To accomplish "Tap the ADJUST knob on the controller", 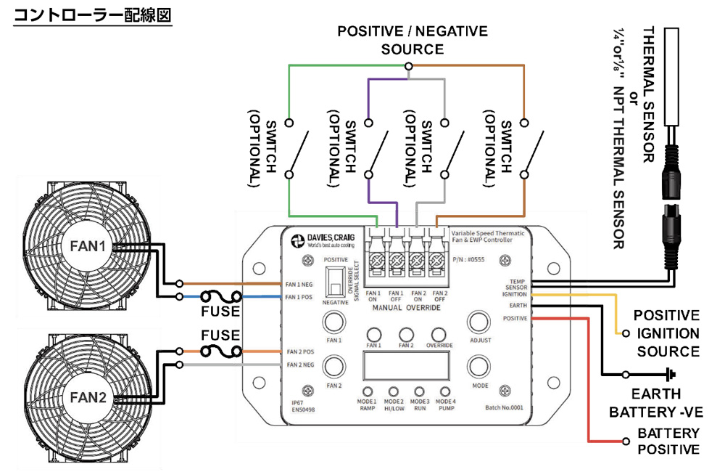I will (x=478, y=322).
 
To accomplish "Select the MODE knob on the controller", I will (x=478, y=367).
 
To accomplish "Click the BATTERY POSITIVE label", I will (x=668, y=441).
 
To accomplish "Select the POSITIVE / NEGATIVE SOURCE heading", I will (x=413, y=41).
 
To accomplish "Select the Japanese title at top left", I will (x=93, y=15).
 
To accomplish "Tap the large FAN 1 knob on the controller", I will (x=333, y=322).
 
